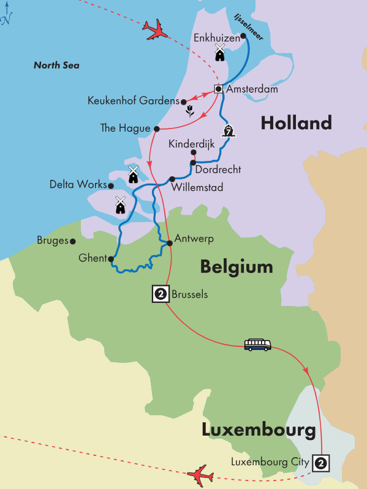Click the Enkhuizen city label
pyautogui.click(x=216, y=38)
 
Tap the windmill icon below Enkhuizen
pyautogui.click(x=219, y=53)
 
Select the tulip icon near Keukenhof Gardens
pyautogui.click(x=191, y=111)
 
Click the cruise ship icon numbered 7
pyautogui.click(x=229, y=130)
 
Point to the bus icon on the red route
pyautogui.click(x=257, y=345)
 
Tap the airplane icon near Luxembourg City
pyautogui.click(x=200, y=474)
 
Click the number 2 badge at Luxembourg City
pyautogui.click(x=320, y=463)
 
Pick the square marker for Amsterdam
pyautogui.click(x=218, y=89)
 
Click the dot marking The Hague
pyautogui.click(x=157, y=129)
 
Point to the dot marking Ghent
pyautogui.click(x=111, y=259)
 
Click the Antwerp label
pyautogui.click(x=194, y=239)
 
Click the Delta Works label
pyautogui.click(x=78, y=184)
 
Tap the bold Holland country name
pyautogui.click(x=296, y=123)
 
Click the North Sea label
pyautogui.click(x=56, y=65)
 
